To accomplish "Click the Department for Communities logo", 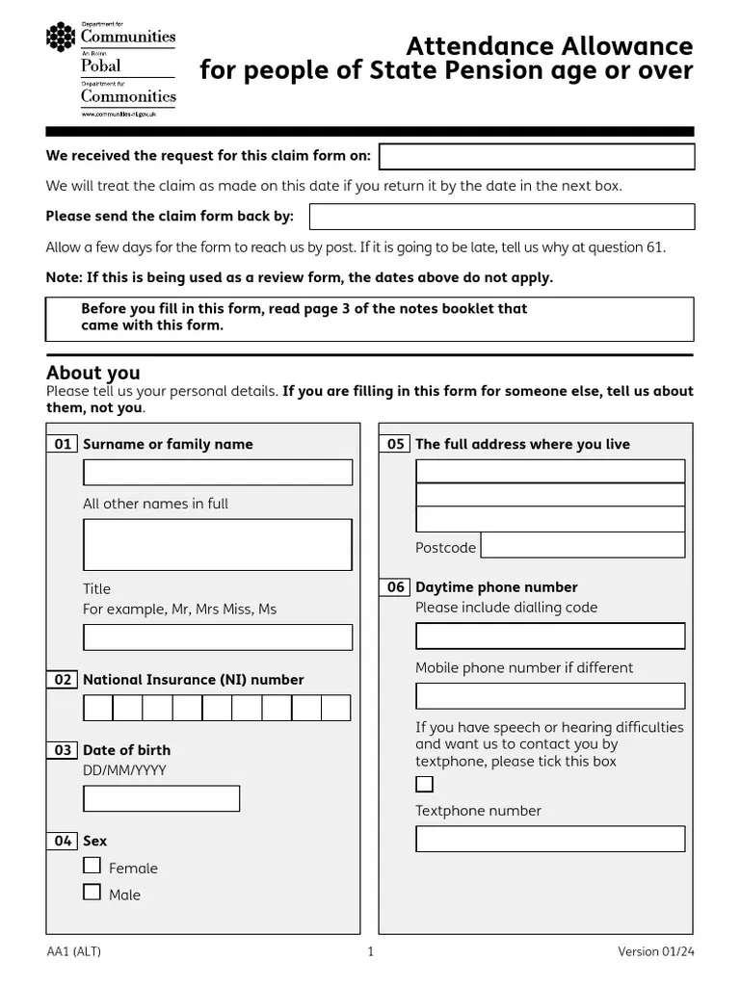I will [x=111, y=67].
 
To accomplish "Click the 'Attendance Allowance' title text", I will [x=548, y=46].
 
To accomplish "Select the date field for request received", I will [x=537, y=157].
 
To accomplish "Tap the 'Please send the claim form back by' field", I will [x=501, y=217].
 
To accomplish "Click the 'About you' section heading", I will [x=93, y=373].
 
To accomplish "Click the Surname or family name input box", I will [x=218, y=473].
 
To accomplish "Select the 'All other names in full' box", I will [x=218, y=545].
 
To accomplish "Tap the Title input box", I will [x=218, y=637].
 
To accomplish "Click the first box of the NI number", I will [x=98, y=709].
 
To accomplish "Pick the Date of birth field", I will [x=162, y=799].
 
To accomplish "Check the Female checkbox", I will [x=92, y=866].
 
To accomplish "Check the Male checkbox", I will [x=92, y=893].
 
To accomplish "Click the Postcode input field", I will [x=582, y=546].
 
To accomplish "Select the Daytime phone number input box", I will [x=550, y=636].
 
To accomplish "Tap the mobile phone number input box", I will [x=550, y=696].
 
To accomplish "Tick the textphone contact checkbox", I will [x=425, y=784].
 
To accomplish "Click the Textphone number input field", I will [x=550, y=839].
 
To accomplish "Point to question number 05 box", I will [x=396, y=444].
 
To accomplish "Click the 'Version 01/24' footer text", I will [x=655, y=952].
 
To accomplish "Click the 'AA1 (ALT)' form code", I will [x=73, y=952].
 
